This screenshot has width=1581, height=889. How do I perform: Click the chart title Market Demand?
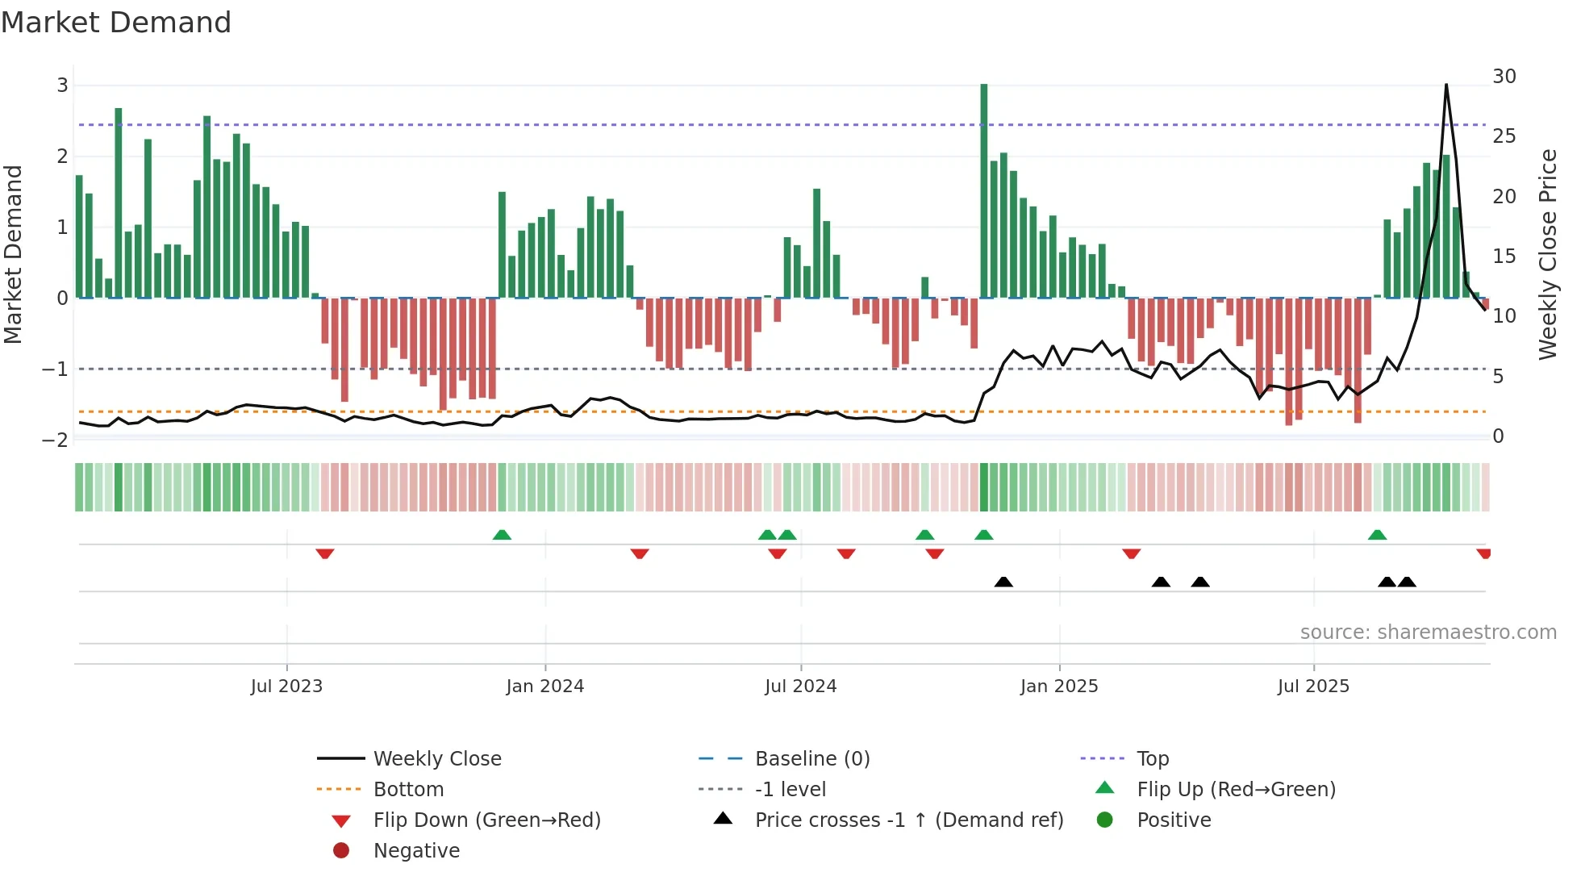click(x=116, y=23)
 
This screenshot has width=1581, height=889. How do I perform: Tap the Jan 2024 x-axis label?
click(x=544, y=687)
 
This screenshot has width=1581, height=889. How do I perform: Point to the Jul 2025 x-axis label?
click(x=1313, y=687)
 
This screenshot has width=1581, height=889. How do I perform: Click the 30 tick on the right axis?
click(x=1504, y=77)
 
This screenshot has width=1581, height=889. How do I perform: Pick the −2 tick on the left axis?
click(x=55, y=440)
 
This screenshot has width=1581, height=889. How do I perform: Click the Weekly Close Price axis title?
click(x=1547, y=254)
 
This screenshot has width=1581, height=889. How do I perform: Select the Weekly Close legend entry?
click(x=436, y=759)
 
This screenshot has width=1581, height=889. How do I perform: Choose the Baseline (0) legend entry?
click(x=811, y=759)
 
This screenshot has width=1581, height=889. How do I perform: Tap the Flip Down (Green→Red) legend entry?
click(x=486, y=820)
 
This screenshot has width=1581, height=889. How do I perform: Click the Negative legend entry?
click(x=416, y=851)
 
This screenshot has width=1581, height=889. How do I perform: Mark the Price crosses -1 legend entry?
click(x=908, y=820)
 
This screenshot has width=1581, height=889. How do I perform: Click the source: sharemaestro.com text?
click(x=1428, y=632)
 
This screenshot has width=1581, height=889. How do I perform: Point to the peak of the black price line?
click(x=1446, y=85)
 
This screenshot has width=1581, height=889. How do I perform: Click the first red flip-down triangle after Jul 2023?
click(x=325, y=553)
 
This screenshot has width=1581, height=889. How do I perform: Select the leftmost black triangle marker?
click(x=1003, y=582)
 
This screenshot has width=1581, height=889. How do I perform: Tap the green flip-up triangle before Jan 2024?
click(x=502, y=535)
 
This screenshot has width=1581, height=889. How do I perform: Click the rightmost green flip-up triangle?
click(x=1377, y=535)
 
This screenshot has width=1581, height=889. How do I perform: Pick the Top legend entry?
click(x=1152, y=759)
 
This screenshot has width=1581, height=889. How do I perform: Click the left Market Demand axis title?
click(x=13, y=254)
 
